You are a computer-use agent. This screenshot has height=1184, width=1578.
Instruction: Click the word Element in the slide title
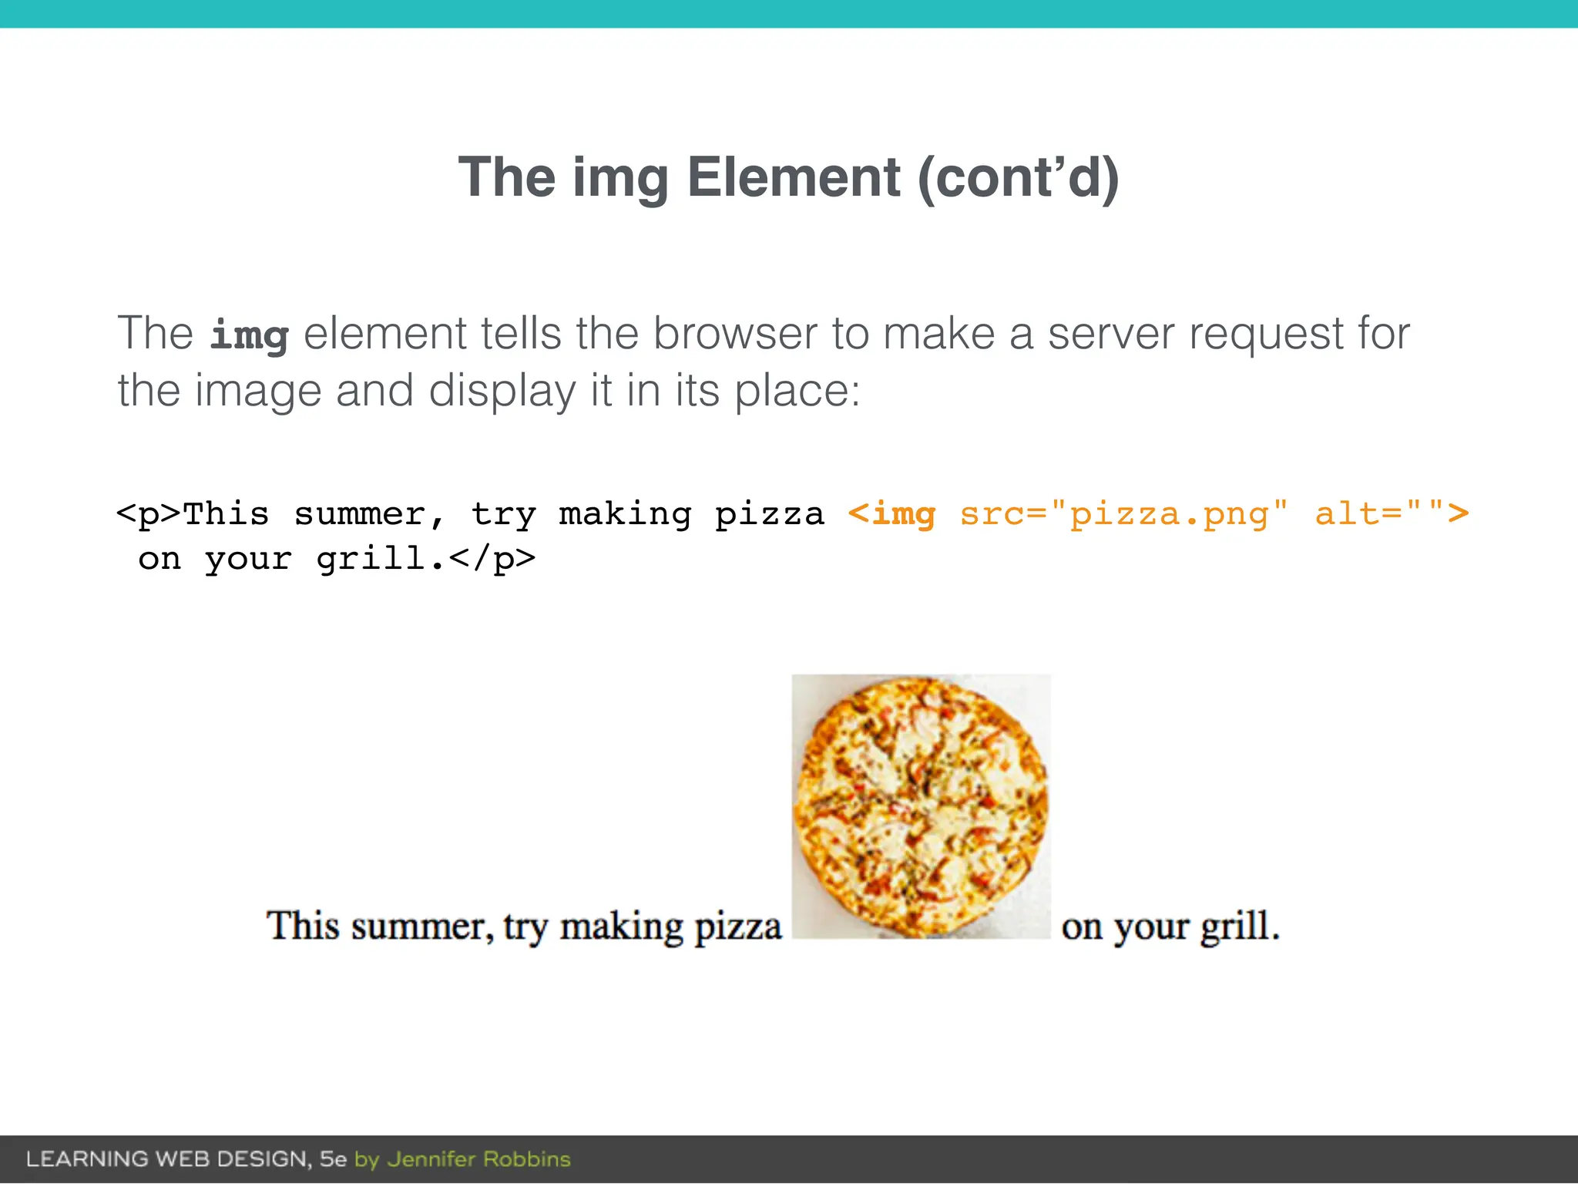[793, 177]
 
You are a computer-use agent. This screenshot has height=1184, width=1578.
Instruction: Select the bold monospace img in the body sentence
[249, 335]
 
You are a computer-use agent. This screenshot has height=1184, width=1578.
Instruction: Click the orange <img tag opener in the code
[891, 513]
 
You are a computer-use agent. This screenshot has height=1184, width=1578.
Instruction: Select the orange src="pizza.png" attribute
[1123, 513]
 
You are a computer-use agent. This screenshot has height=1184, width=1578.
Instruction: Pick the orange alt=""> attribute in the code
[1392, 513]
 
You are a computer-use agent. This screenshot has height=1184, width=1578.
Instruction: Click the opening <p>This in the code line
[193, 513]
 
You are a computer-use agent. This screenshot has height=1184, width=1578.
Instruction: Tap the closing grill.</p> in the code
[425, 559]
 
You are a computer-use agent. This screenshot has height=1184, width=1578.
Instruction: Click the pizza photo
[921, 806]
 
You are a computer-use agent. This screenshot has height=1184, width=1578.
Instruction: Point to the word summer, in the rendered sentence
[422, 926]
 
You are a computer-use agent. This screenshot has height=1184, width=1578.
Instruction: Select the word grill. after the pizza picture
[1240, 926]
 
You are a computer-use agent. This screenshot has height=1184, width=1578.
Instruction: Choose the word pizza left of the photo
[737, 927]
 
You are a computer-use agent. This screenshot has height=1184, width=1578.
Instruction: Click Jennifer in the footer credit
[432, 1159]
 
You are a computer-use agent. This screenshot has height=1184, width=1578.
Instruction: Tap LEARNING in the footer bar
[87, 1159]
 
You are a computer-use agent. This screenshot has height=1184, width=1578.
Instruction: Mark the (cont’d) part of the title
[1018, 177]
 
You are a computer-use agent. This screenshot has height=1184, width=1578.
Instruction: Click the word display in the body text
[502, 391]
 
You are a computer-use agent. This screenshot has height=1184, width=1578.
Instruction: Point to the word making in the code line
[625, 513]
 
